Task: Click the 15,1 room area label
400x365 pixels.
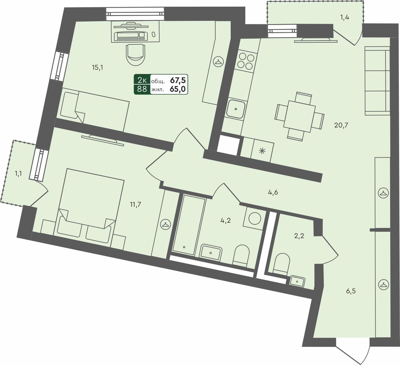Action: tap(97, 68)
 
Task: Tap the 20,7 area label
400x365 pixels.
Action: tap(341, 125)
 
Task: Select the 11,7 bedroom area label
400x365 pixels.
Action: tap(135, 205)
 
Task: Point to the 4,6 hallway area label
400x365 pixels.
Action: tap(273, 192)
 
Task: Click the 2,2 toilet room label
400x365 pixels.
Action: tap(299, 236)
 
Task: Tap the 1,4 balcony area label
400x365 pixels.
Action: tap(345, 17)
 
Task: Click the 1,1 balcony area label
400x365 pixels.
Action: tap(18, 174)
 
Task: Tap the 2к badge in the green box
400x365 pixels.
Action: tap(142, 80)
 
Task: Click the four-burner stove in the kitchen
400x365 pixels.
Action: tap(245, 61)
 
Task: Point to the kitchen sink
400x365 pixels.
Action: tap(236, 109)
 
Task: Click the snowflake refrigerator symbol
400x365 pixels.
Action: tap(262, 151)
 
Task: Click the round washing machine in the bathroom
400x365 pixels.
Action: tap(255, 218)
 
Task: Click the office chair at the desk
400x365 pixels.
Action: tap(135, 54)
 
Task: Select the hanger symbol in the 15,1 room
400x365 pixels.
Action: tap(218, 62)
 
